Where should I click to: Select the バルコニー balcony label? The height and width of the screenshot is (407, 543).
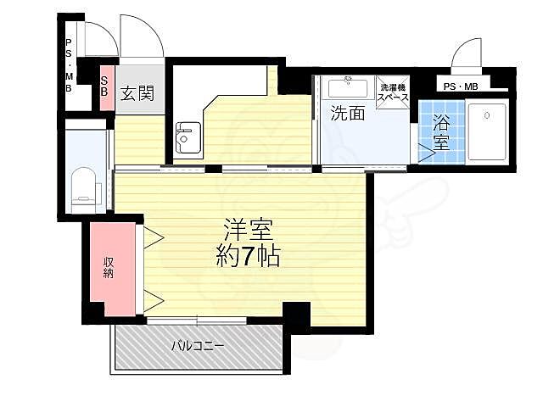click(x=197, y=346)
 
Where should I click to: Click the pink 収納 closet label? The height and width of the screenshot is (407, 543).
click(x=109, y=267)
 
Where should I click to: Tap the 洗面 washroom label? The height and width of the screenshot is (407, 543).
click(x=347, y=113)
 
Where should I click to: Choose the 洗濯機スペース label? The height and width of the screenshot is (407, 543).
click(x=393, y=92)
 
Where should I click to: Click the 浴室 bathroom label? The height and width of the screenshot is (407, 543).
click(x=442, y=131)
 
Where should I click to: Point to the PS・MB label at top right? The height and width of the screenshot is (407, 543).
click(x=460, y=86)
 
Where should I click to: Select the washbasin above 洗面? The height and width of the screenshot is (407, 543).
click(x=346, y=87)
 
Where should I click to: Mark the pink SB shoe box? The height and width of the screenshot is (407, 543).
click(x=106, y=86)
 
